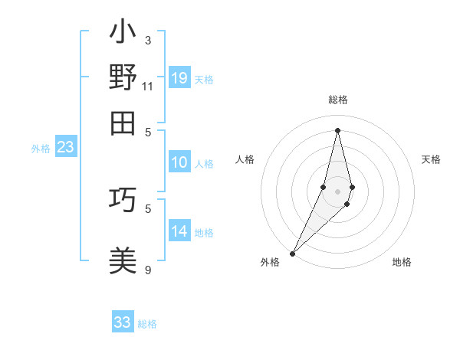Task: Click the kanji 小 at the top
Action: pos(123,34)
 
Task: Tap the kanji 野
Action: pos(123,78)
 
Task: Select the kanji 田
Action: pos(123,123)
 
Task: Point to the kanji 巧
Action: pos(123,200)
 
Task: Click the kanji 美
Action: pos(123,261)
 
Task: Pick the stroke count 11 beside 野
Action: pos(148,86)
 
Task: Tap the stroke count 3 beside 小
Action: pos(148,40)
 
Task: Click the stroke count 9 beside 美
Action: pos(148,270)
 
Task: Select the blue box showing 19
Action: pos(179,77)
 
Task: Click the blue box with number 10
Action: pos(179,162)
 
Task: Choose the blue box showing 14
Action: pos(179,231)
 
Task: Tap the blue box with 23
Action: pos(65,147)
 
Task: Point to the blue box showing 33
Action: pos(123,322)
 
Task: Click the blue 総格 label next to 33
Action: pos(148,324)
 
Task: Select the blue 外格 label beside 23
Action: pos(41,149)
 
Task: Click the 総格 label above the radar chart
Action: pos(337,100)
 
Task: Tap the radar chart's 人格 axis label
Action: pos(245,159)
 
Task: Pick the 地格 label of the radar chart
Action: pos(402,262)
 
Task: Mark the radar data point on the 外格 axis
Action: pos(293,253)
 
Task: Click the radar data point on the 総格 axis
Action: pos(337,129)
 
